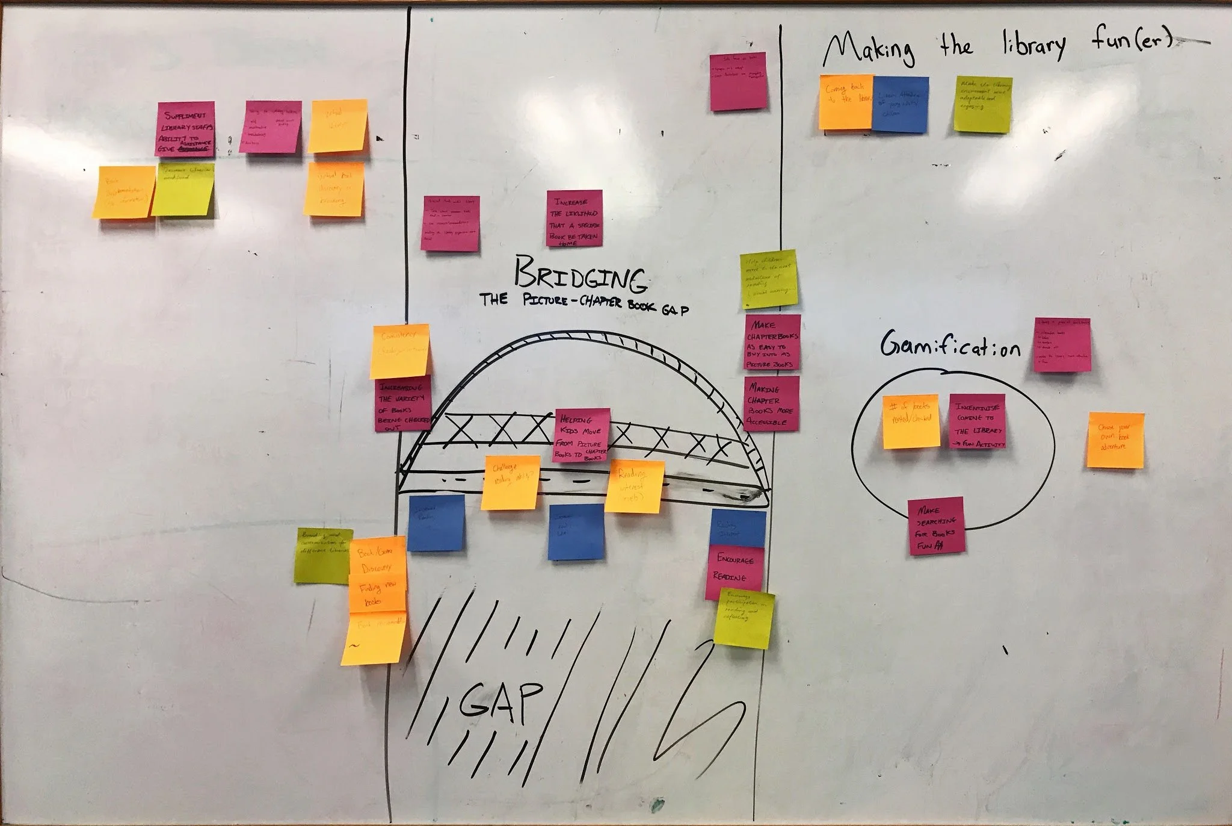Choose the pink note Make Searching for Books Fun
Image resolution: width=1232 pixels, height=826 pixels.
click(x=935, y=525)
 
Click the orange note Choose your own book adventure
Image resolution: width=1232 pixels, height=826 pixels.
click(x=1115, y=439)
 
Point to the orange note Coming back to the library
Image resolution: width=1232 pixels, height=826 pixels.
click(x=845, y=102)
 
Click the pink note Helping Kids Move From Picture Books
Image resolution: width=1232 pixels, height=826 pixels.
click(x=582, y=435)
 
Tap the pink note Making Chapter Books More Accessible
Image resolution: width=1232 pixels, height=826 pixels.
click(x=771, y=403)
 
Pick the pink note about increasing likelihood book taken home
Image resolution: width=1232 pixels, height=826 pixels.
click(x=574, y=219)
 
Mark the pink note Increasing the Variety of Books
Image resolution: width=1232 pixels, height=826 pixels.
click(x=402, y=405)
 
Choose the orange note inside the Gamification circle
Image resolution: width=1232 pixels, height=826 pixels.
click(x=911, y=421)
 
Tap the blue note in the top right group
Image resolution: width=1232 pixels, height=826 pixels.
click(x=900, y=105)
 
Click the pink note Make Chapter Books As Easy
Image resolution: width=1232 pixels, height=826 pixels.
click(x=772, y=344)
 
